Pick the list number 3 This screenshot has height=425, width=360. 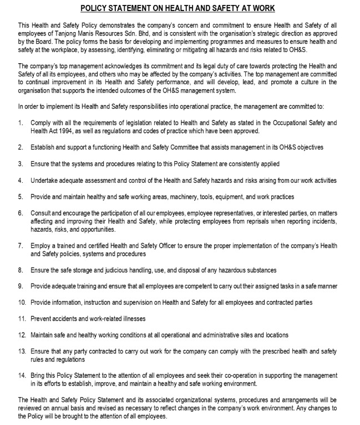(x=21, y=164)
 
